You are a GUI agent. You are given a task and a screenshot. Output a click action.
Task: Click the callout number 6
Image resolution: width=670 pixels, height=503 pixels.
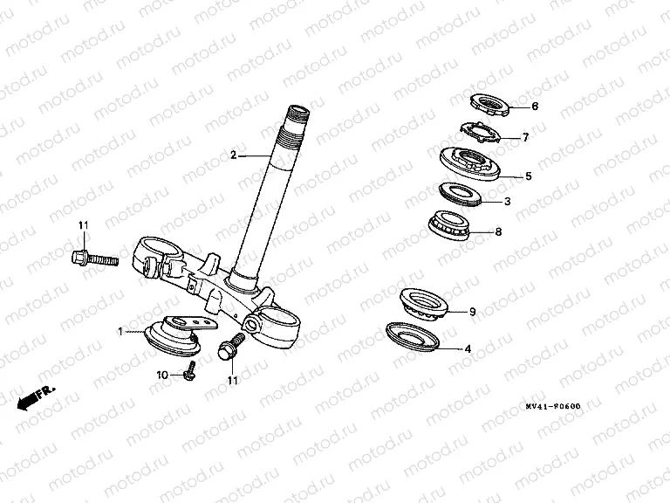535,106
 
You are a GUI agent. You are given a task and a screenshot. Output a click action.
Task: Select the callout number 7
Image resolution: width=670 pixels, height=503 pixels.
525,137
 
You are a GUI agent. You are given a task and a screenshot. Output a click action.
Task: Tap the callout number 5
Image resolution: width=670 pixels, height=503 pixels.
529,176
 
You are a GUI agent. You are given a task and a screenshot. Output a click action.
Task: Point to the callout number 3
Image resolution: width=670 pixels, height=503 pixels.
507,201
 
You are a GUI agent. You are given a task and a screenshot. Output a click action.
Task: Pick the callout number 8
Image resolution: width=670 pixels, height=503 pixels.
498,231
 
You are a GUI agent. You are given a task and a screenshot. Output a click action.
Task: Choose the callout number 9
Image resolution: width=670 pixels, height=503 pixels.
472,312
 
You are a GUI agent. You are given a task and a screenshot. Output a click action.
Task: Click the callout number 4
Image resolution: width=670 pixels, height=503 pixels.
468,349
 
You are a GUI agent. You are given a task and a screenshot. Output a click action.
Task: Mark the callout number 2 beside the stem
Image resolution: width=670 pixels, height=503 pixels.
233,155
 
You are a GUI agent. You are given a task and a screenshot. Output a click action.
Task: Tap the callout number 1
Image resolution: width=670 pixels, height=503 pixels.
120,332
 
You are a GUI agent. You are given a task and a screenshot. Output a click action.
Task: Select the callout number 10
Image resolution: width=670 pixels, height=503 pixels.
162,376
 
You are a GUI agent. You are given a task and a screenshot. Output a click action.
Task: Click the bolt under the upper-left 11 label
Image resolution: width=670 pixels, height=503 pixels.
94,258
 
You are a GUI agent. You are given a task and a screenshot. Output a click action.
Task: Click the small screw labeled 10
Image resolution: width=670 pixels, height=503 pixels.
190,371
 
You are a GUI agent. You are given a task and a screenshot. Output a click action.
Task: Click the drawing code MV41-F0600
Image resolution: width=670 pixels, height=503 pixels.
553,406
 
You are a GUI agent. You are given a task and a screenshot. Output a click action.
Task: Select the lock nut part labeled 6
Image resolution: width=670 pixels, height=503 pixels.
489,105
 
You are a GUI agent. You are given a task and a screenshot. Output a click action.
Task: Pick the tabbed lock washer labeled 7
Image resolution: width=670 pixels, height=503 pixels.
480,134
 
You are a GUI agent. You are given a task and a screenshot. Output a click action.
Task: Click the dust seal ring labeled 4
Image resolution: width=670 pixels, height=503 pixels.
413,336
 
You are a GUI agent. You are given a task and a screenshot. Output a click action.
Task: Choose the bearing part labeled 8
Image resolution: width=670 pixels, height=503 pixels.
448,225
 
